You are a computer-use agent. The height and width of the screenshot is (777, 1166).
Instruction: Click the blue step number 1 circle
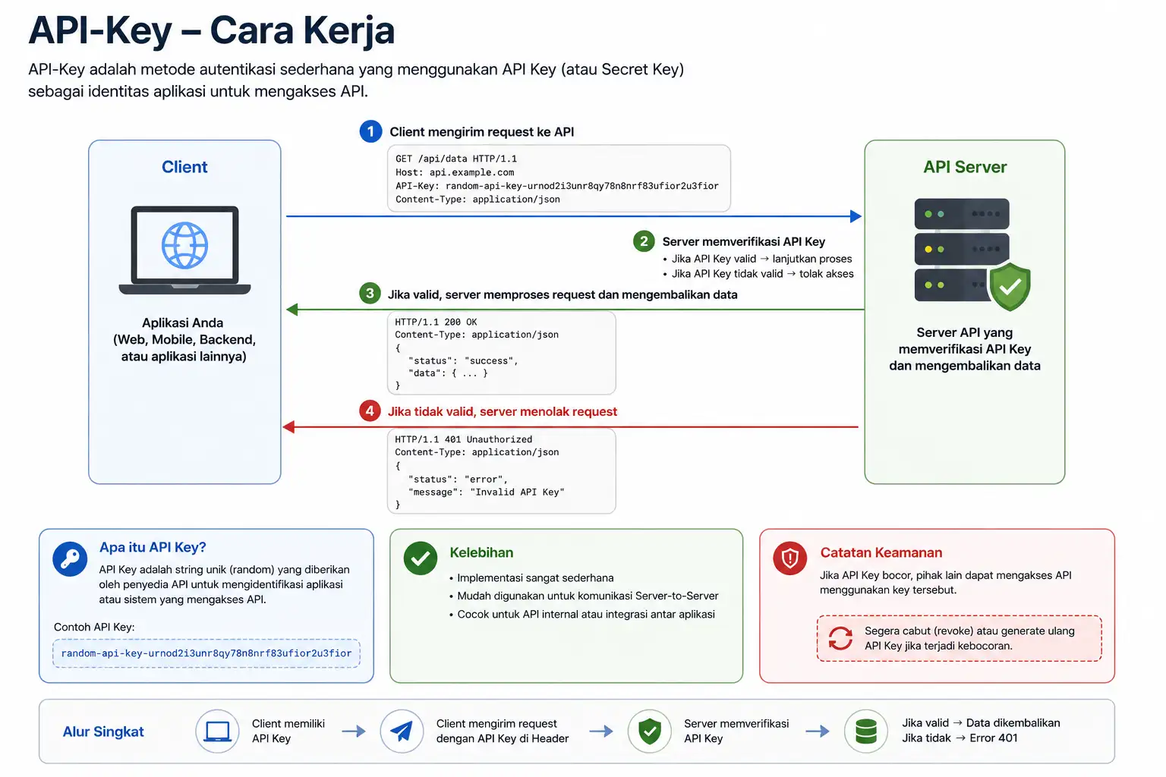pyautogui.click(x=370, y=132)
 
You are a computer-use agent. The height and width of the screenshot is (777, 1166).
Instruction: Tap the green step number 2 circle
pyautogui.click(x=644, y=241)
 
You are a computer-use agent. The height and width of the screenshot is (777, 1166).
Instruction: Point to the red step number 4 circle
pyautogui.click(x=370, y=411)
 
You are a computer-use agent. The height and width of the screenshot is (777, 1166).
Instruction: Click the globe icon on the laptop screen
pyautogui.click(x=184, y=245)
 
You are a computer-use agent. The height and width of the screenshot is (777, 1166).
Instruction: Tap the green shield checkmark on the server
pyautogui.click(x=1010, y=287)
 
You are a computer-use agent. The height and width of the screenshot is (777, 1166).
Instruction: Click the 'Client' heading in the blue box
pyautogui.click(x=184, y=167)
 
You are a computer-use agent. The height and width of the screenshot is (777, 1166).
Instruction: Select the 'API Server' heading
pyautogui.click(x=965, y=167)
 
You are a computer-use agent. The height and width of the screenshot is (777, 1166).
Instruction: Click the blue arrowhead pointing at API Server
pyautogui.click(x=856, y=216)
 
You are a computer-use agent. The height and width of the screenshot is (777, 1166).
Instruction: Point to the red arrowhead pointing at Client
pyautogui.click(x=289, y=426)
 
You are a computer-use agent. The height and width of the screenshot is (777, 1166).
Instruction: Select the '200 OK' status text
pyautogui.click(x=461, y=322)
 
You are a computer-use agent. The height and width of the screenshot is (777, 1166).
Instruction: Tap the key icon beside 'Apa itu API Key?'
pyautogui.click(x=70, y=559)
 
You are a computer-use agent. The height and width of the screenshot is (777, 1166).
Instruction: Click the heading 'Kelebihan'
pyautogui.click(x=481, y=552)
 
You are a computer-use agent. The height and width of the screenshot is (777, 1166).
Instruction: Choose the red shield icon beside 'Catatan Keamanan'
pyautogui.click(x=789, y=558)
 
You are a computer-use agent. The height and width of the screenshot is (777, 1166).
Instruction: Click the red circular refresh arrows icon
pyautogui.click(x=840, y=638)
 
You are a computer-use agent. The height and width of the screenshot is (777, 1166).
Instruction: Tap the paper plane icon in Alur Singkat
pyautogui.click(x=402, y=731)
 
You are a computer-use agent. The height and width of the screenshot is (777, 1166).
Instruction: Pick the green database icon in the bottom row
pyautogui.click(x=865, y=731)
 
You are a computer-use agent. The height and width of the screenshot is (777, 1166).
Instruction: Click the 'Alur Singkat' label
pyautogui.click(x=103, y=731)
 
